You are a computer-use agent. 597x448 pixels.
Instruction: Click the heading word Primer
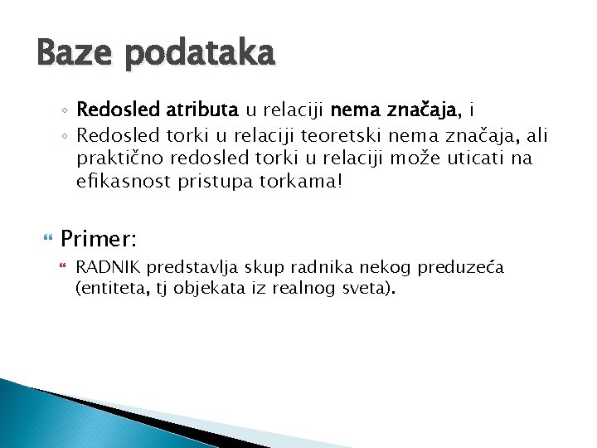coord(98,240)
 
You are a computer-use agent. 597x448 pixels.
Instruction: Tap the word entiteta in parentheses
coord(112,289)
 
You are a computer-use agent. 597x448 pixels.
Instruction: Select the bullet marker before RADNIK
coord(65,266)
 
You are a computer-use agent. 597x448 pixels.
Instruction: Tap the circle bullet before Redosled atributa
coord(65,110)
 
